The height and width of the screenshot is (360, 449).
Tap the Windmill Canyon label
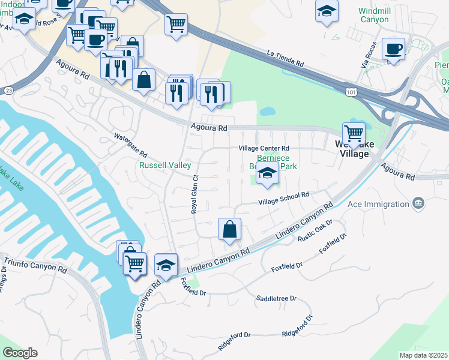click(374, 15)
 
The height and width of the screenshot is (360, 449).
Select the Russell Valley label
click(165, 165)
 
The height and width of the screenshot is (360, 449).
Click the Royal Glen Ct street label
click(194, 194)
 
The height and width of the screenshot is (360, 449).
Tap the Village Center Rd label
click(264, 148)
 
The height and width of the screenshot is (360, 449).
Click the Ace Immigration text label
click(377, 204)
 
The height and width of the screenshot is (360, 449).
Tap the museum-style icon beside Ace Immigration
click(419, 203)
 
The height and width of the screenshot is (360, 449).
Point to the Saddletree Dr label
click(277, 298)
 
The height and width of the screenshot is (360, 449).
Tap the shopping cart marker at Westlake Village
click(354, 133)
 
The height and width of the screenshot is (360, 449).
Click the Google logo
click(20, 353)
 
